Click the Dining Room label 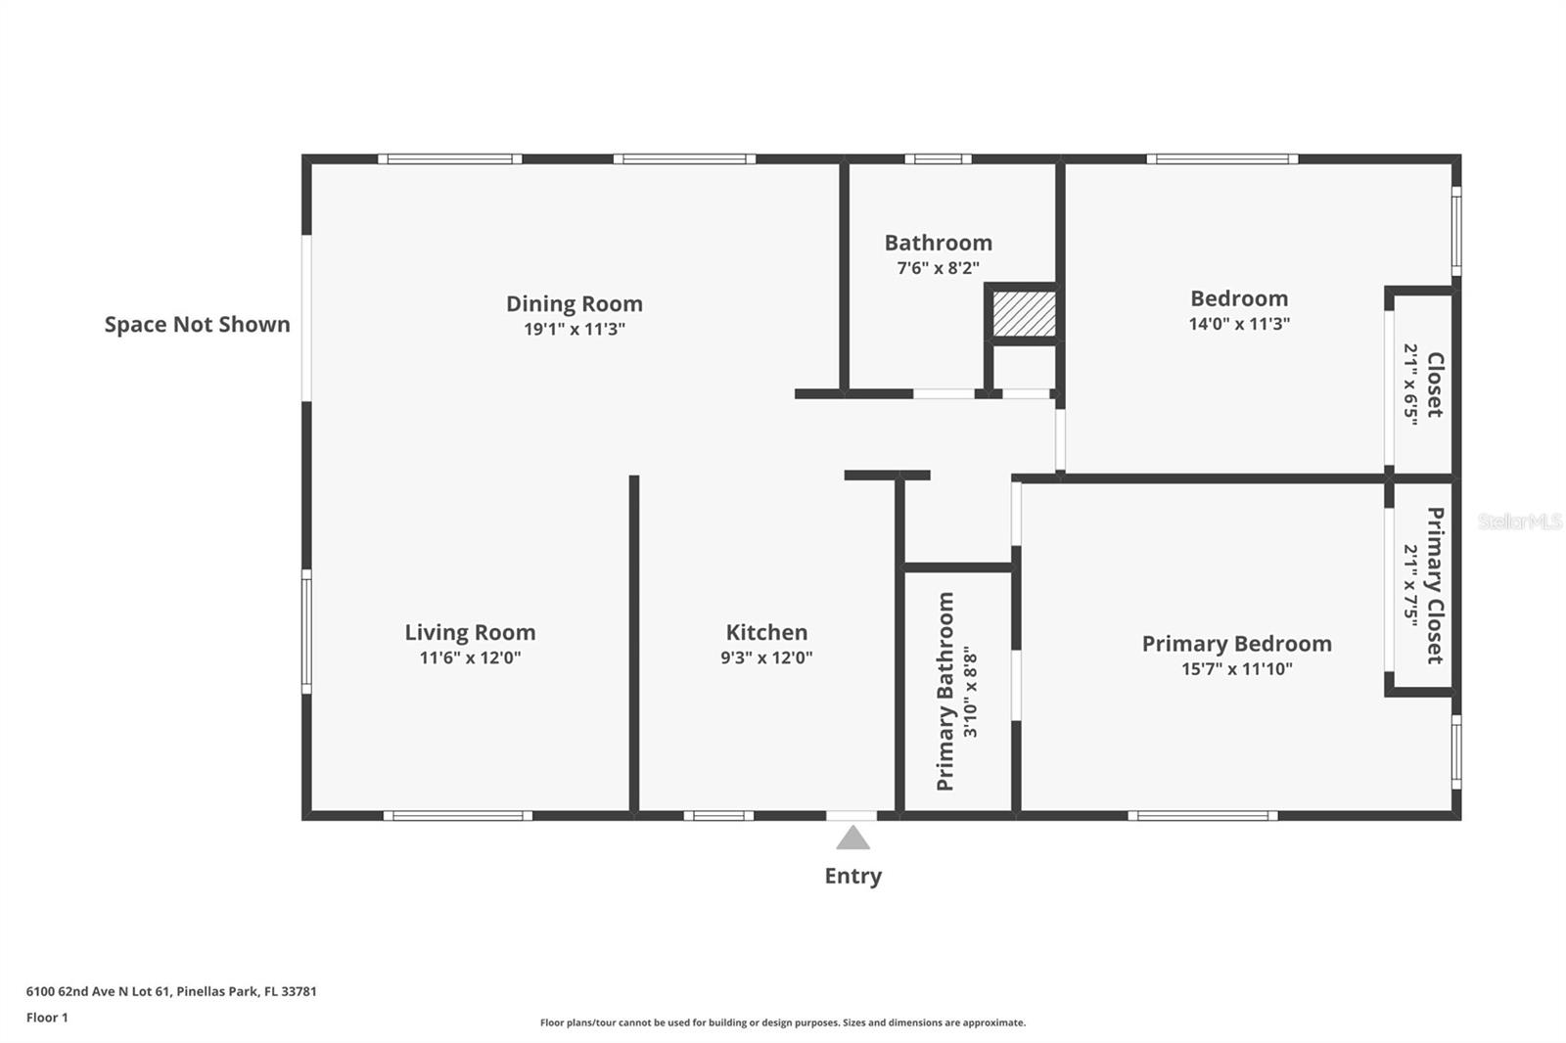coord(574,303)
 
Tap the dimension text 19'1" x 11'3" coord(574,330)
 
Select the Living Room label coord(470,632)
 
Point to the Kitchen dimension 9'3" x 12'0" coord(766,658)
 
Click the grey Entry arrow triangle coord(852,839)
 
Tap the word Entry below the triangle coord(852,876)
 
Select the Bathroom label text coord(938,243)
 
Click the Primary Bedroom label coord(1236,644)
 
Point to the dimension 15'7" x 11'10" coord(1236,669)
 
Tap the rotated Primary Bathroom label coord(944,691)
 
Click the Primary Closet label coord(1435,584)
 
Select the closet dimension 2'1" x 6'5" coord(1410,383)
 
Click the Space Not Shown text coord(197,325)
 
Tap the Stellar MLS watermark coord(1519,521)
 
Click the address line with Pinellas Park coord(171,991)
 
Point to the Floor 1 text coord(47,1018)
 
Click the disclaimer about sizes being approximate coord(782,1022)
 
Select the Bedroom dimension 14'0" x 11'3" coord(1239,324)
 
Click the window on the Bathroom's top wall coord(938,159)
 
